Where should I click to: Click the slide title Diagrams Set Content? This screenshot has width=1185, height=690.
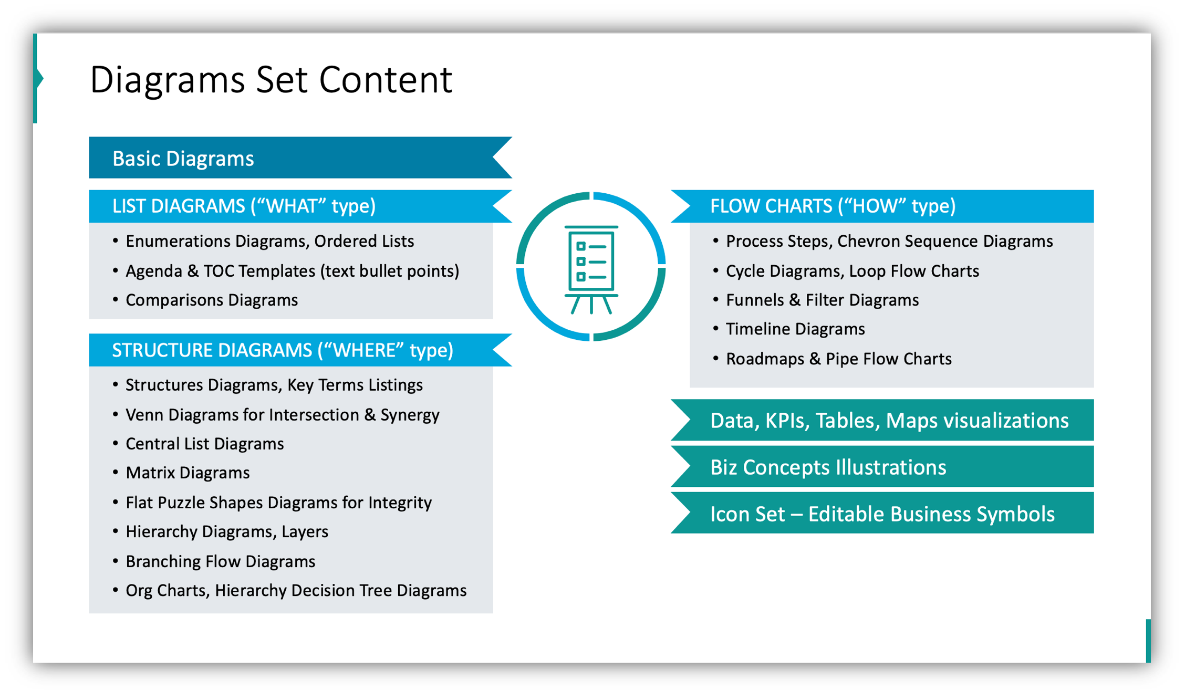(x=271, y=80)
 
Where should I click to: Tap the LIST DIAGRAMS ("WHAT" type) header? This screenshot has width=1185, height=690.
(x=244, y=206)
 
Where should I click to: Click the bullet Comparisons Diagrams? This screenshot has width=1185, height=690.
(x=212, y=300)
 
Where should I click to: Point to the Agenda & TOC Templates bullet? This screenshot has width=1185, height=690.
(x=292, y=271)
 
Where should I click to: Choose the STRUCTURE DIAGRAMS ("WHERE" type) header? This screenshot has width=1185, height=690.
(x=282, y=350)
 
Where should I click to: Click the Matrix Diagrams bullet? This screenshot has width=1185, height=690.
(x=188, y=473)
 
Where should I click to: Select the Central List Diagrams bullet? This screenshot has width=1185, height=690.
(x=204, y=444)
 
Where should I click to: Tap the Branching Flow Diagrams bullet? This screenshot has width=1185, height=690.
(x=220, y=561)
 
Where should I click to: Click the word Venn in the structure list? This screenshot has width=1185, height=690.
(x=144, y=415)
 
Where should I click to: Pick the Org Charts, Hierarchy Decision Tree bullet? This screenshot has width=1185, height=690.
(x=296, y=590)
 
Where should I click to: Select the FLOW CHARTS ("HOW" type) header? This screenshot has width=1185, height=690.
(x=833, y=206)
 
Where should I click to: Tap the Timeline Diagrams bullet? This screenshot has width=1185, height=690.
(x=795, y=329)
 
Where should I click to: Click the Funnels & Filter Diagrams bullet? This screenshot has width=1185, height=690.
(x=822, y=300)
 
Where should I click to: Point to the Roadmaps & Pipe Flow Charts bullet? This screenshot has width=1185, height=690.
(x=838, y=359)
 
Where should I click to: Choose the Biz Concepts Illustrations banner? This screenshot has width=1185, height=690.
(x=828, y=467)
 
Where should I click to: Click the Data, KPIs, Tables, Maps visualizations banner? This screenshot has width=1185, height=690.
(x=889, y=421)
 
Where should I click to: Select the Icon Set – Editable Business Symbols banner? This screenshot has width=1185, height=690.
(x=882, y=514)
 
